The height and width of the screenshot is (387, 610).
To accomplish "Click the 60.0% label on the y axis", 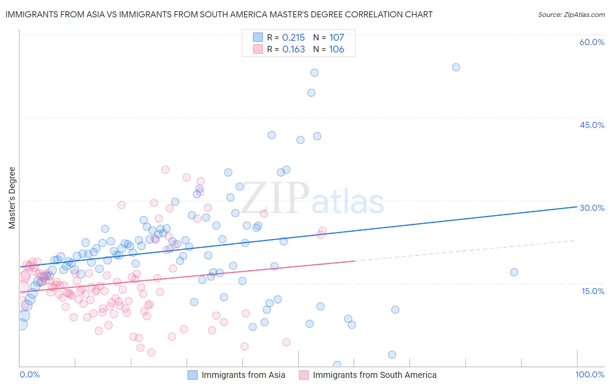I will click(592, 43).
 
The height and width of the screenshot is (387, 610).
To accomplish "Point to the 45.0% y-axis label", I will click(592, 125).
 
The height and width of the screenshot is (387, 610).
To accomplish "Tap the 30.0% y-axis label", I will click(592, 208).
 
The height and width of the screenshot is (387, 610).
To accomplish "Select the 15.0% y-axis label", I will click(593, 291).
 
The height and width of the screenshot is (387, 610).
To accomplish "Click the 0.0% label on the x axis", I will click(30, 375).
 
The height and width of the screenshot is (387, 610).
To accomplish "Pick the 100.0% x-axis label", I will click(590, 375).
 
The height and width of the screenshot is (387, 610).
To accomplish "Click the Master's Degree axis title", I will click(12, 198).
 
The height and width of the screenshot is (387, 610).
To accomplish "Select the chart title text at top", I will click(219, 14).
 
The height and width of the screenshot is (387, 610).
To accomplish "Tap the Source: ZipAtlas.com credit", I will click(571, 14).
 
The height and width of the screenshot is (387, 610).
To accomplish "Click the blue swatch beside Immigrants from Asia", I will click(193, 375).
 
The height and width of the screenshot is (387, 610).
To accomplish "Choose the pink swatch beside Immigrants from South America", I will click(304, 375).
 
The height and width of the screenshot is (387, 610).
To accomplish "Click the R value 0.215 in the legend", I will click(293, 38).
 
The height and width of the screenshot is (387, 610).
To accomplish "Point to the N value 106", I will click(336, 49).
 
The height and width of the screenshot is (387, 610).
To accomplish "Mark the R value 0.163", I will click(293, 49).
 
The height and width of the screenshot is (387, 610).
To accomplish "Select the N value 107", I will click(336, 38).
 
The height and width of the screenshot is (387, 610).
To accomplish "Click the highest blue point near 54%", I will click(456, 67).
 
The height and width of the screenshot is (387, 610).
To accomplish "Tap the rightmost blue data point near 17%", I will click(514, 272).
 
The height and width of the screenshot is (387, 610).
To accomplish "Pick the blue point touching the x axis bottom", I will click(337, 365).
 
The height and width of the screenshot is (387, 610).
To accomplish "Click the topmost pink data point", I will click(165, 170).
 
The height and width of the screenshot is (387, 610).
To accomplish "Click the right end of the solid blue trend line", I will click(577, 207).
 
